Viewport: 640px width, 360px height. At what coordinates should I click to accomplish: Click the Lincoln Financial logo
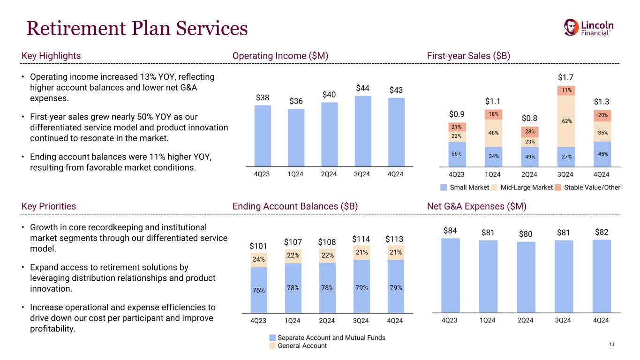coord(588,28)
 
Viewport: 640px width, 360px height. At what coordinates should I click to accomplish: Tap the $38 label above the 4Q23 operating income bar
coord(263,97)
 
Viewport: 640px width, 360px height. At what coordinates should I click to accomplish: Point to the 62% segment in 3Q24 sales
coord(565,121)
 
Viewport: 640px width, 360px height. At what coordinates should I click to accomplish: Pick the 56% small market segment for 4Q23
coord(457,154)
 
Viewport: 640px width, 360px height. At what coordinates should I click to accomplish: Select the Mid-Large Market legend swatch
coord(495,187)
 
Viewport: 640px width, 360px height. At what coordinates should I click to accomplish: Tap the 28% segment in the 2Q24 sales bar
coord(529,132)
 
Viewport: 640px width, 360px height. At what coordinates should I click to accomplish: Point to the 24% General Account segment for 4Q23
coord(259,259)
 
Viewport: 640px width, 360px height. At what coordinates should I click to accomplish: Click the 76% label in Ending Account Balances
coord(259,290)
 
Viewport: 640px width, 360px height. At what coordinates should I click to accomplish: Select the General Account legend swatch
coord(273,346)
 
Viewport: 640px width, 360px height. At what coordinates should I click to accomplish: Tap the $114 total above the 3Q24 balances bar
coord(361,239)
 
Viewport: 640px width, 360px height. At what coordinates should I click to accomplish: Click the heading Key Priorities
coord(49,206)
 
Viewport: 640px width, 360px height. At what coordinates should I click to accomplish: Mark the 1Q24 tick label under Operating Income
coord(296,173)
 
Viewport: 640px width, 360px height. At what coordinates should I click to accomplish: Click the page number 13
coord(611,345)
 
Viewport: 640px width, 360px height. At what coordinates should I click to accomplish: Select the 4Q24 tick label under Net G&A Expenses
coord(601,320)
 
